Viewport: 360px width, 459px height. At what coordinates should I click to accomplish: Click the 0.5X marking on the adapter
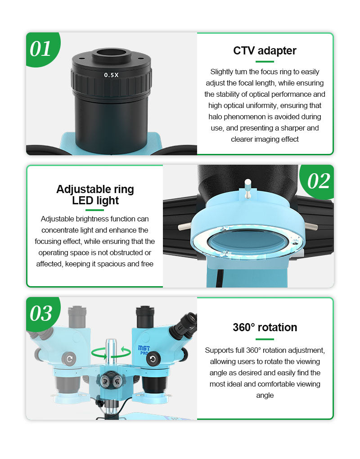tap(111, 75)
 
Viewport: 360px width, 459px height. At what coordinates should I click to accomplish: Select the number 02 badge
tap(318, 181)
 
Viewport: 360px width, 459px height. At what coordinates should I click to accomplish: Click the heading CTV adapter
tap(265, 51)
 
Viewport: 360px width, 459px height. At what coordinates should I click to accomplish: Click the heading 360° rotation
tap(265, 327)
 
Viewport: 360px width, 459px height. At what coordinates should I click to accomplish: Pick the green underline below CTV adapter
tap(265, 62)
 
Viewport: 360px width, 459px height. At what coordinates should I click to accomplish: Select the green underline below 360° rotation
tap(265, 339)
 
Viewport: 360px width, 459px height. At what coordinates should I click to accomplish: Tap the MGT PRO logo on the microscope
tap(144, 350)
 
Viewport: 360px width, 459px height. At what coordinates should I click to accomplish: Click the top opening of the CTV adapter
tap(111, 54)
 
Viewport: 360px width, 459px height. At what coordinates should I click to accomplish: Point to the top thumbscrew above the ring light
tap(247, 188)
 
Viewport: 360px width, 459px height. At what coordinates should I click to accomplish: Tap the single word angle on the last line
tap(265, 396)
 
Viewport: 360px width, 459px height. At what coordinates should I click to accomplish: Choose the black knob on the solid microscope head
tap(153, 359)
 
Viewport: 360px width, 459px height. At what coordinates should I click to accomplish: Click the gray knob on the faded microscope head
tap(69, 359)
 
